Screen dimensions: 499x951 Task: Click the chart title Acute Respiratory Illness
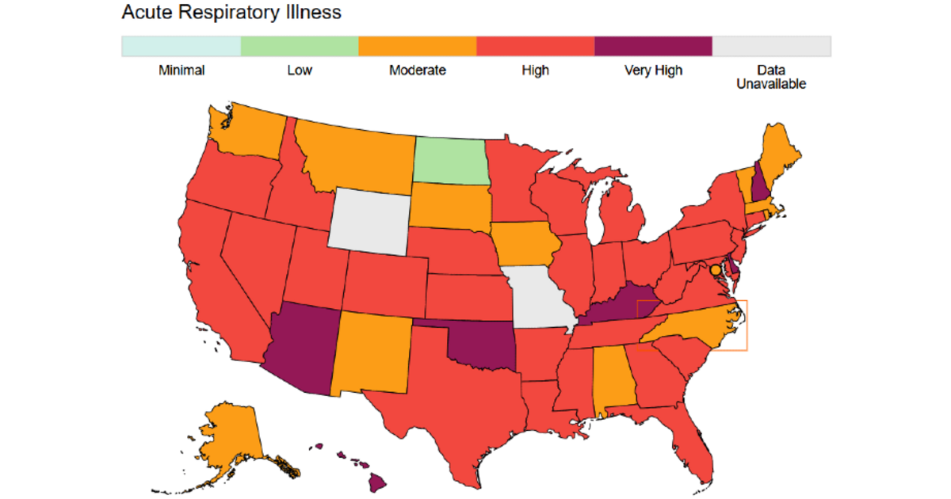point(231,13)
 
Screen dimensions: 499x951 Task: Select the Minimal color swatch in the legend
point(181,46)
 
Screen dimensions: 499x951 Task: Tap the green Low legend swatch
point(299,46)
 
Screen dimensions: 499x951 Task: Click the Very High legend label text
point(653,70)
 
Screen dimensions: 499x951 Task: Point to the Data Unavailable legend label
point(771,77)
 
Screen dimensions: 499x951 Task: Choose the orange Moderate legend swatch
point(417,46)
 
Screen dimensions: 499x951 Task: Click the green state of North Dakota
point(450,160)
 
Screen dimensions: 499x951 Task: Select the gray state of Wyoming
point(370,219)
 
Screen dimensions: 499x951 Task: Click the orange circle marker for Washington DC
point(716,270)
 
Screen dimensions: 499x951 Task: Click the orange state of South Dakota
point(449,207)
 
